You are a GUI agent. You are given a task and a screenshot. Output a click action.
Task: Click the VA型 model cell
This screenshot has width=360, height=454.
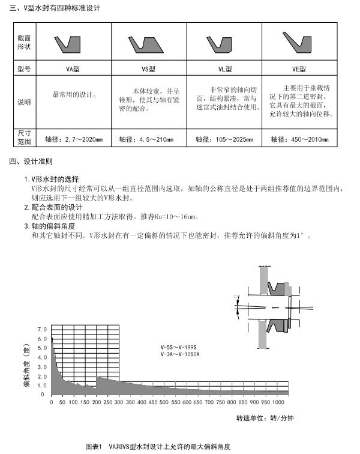pos(73,69)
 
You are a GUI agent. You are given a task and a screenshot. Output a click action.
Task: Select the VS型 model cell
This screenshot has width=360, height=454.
pos(148,69)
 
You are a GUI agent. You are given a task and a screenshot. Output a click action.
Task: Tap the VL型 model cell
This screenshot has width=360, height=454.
pos(224,69)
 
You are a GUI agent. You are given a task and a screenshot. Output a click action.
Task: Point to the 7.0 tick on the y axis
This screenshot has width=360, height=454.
pos(41,330)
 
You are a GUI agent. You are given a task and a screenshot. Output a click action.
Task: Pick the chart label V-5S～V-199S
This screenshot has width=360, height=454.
pos(179,348)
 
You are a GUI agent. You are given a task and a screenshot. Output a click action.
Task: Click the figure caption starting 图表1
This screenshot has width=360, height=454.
pos(157,447)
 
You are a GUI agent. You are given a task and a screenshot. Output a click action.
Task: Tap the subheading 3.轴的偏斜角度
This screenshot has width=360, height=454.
pos(53,226)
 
